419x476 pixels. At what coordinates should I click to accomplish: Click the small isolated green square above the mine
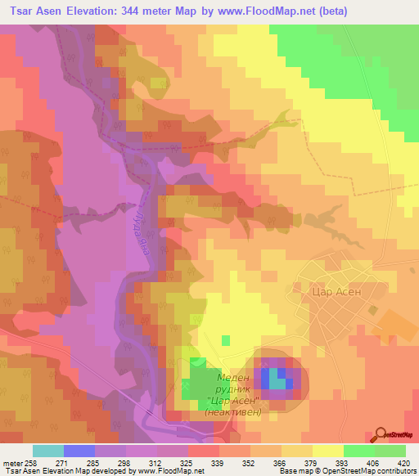pos(227,339)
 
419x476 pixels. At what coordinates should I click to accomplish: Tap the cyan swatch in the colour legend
pos(48,451)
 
